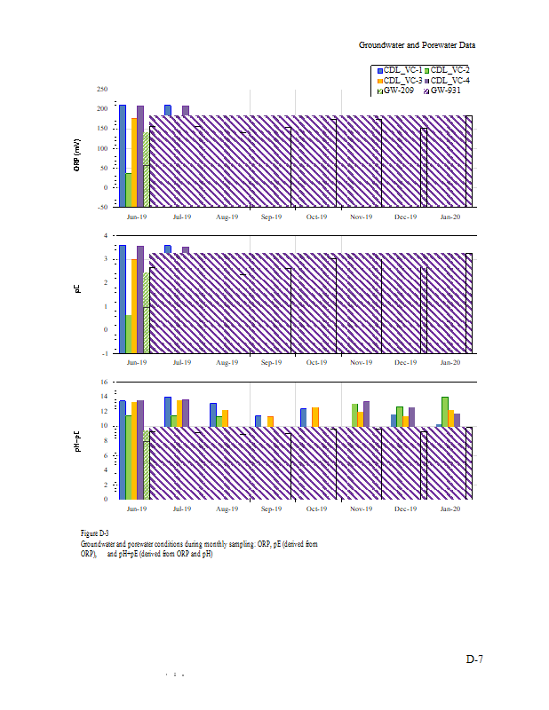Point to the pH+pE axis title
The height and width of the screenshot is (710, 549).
78,440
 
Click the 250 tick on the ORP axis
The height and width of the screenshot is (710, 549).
102,90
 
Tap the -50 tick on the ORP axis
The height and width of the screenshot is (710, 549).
102,206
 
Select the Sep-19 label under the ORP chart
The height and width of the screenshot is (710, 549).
271,217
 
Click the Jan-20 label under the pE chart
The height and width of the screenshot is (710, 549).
451,362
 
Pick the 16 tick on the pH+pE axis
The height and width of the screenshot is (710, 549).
103,383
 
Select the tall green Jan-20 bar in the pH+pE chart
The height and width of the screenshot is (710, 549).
445,411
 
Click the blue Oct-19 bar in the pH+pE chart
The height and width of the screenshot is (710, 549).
303,417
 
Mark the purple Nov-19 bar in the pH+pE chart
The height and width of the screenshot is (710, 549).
366,414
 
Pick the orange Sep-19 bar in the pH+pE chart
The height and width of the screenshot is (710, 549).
270,422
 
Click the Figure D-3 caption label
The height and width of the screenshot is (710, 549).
95,532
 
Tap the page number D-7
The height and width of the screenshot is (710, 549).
474,659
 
